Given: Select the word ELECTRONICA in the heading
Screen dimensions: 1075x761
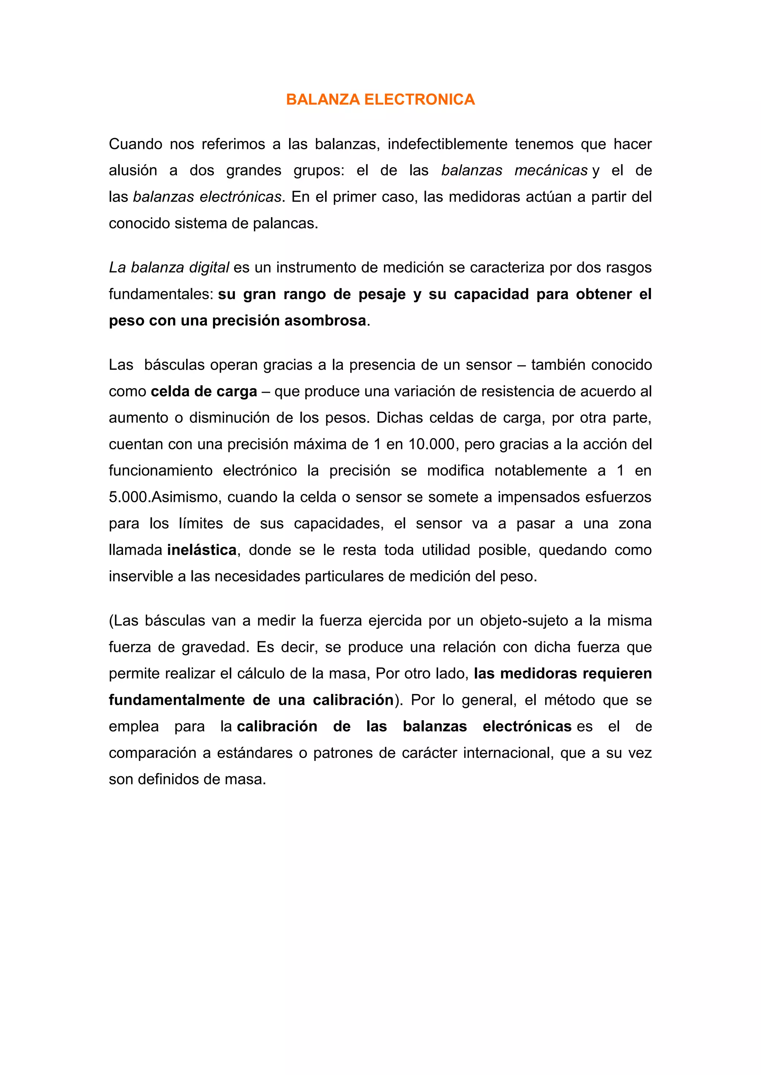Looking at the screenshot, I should (x=420, y=99).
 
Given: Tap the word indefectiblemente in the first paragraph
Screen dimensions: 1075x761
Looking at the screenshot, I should (x=447, y=144).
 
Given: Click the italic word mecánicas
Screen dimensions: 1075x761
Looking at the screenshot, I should (x=551, y=170).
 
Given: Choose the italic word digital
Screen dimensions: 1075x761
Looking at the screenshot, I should (x=209, y=267).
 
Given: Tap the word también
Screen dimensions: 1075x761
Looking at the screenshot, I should (x=557, y=365).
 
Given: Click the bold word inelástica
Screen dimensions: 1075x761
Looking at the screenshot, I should (x=201, y=550).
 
